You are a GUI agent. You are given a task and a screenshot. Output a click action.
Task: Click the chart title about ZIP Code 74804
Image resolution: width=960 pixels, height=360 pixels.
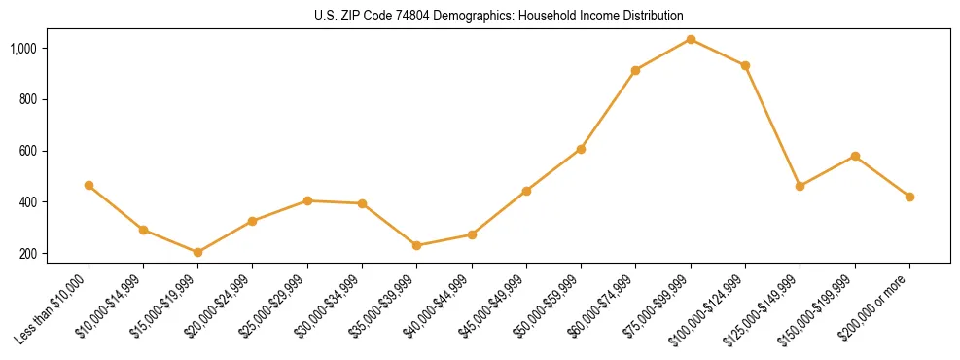[499, 17]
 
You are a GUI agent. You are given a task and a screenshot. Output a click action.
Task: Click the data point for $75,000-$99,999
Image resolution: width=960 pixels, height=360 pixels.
[691, 39]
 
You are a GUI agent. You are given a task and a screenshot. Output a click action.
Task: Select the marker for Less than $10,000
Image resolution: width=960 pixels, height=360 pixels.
[89, 185]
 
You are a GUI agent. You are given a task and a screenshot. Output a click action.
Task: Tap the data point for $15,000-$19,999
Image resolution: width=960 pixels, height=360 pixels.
[197, 252]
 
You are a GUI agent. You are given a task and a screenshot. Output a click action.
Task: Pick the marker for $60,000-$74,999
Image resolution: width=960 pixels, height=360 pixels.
[635, 70]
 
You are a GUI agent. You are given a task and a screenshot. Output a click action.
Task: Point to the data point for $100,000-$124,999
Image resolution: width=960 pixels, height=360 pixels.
[745, 65]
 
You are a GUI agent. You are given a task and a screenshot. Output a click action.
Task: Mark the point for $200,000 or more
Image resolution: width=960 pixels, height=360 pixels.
[909, 197]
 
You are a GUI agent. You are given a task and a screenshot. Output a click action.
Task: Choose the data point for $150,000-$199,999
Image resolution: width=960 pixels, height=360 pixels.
[855, 156]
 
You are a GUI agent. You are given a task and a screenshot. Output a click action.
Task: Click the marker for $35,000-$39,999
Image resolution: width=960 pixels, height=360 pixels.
[416, 245]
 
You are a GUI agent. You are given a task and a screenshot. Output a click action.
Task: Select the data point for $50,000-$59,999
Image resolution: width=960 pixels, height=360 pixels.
[581, 149]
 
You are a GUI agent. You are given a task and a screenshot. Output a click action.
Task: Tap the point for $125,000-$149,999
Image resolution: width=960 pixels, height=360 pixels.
[800, 186]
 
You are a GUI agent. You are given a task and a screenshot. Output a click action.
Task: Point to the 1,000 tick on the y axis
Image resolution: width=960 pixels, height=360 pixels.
[51, 48]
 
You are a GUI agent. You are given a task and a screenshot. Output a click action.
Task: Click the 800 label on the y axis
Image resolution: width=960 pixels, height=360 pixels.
[55, 99]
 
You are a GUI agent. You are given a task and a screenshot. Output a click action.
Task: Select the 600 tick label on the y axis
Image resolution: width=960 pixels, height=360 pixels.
[55, 151]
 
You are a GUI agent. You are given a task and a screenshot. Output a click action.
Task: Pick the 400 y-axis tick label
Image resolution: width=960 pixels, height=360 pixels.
[55, 202]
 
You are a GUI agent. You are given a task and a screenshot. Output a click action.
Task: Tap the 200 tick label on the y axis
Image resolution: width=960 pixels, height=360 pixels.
[55, 254]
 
